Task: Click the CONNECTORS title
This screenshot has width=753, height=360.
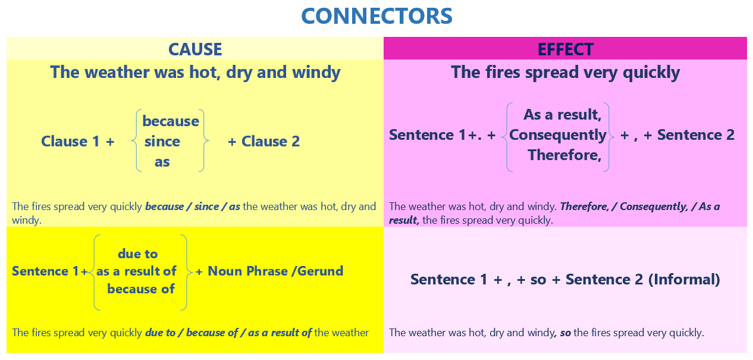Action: coord(376,16)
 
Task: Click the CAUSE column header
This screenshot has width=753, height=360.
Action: coord(195,49)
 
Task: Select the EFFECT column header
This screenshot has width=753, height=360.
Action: coord(565,49)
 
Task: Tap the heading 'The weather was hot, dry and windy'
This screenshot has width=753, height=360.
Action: coord(195,73)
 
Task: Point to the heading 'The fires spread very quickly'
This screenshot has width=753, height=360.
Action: coord(565,73)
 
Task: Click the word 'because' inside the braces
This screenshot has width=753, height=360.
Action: coord(171,121)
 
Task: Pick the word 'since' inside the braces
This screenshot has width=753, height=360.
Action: coord(162,142)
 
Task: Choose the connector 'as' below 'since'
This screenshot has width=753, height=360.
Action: coord(162,161)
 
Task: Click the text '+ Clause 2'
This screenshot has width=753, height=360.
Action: coord(263,142)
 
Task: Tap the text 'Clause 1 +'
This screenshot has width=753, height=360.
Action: coord(77,142)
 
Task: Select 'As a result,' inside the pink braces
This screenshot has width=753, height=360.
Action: coord(562,114)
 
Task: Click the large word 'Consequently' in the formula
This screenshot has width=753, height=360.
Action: coord(557,135)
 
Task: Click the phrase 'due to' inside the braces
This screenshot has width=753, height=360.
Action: coord(137,254)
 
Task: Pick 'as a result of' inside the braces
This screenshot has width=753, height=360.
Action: coord(136,271)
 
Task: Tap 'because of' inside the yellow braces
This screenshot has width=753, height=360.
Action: coord(141,289)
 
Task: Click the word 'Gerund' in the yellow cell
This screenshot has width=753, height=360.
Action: coord(319,271)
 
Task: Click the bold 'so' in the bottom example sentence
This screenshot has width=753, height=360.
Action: coord(565,333)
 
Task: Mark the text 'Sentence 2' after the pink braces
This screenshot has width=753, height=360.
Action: coord(695,135)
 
